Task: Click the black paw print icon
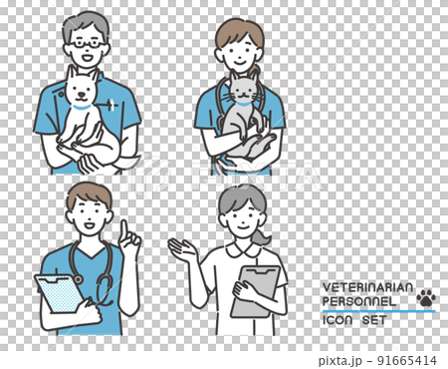pyautogui.click(x=426, y=297)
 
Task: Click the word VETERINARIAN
pyautogui.click(x=367, y=287)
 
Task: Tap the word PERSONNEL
pyautogui.click(x=359, y=301)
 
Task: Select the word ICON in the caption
pyautogui.click(x=337, y=320)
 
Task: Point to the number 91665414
pyautogui.click(x=407, y=360)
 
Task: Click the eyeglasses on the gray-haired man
pyautogui.click(x=87, y=43)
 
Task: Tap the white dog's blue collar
pyautogui.click(x=82, y=107)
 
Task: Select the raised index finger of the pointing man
pyautogui.click(x=124, y=229)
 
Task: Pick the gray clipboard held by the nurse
pyautogui.click(x=255, y=291)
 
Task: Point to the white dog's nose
pyautogui.click(x=81, y=94)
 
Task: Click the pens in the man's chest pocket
pyautogui.click(x=112, y=105)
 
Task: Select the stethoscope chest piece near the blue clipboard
pyautogui.click(x=79, y=279)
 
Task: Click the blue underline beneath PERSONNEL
pyautogui.click(x=379, y=311)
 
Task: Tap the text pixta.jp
pyautogui.click(x=340, y=361)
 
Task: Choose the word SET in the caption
pyautogui.click(x=374, y=320)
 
